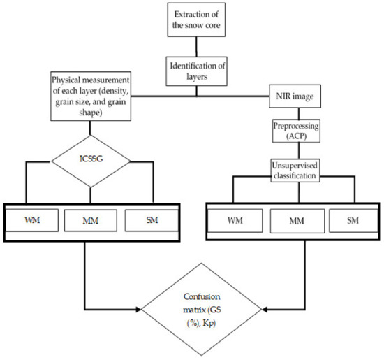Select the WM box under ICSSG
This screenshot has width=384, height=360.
(32, 221)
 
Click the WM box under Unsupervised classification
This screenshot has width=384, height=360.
(237, 221)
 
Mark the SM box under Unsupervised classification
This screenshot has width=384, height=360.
(355, 221)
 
